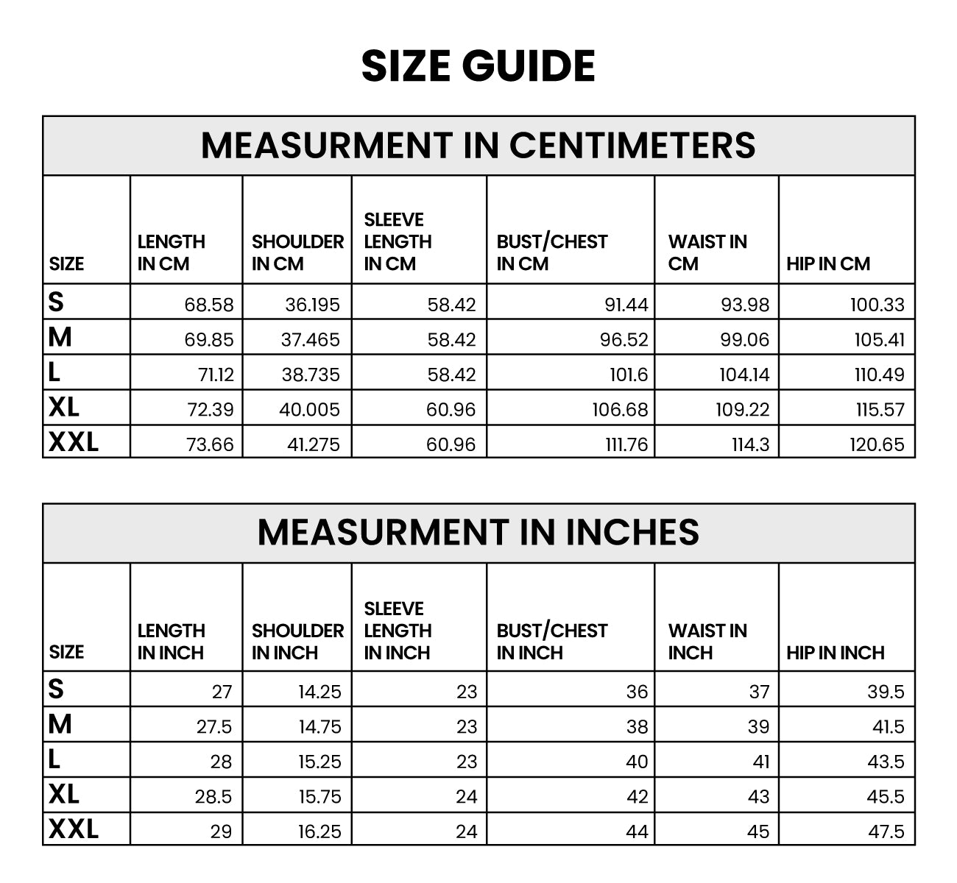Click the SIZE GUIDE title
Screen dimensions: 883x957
point(478,66)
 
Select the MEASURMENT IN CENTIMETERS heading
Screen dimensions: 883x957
point(478,145)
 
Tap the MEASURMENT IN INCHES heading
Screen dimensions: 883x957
point(478,532)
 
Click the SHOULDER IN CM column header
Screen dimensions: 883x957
point(297,252)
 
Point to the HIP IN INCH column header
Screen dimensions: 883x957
point(835,653)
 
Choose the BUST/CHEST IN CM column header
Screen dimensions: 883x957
point(551,252)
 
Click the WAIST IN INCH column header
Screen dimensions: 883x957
point(707,642)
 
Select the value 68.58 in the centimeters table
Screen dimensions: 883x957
point(209,305)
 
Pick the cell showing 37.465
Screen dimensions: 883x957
point(310,340)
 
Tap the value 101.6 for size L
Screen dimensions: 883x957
point(628,375)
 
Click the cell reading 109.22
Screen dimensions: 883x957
point(742,410)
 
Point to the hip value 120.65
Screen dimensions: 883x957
point(877,444)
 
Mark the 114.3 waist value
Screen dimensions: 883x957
point(750,444)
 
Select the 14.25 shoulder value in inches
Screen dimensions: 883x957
point(319,692)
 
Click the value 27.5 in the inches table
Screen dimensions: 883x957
point(213,727)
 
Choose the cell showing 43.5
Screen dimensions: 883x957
point(886,762)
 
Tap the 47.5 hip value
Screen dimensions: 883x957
point(886,831)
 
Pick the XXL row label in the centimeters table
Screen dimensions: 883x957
point(74,441)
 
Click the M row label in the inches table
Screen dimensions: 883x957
point(60,725)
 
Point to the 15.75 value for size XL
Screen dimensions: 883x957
point(319,797)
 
